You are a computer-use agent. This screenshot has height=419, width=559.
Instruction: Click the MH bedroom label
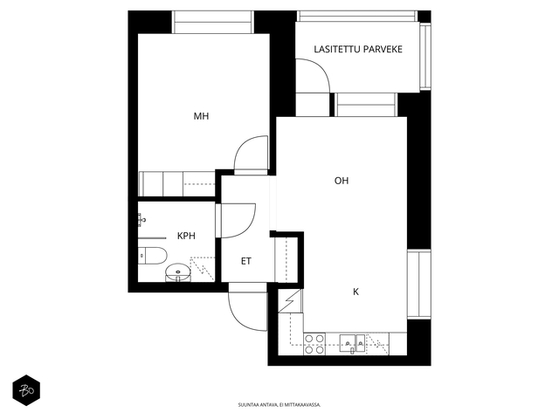(x=201, y=116)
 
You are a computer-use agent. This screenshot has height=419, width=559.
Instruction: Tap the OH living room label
(x=342, y=181)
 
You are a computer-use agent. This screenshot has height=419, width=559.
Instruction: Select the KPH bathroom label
(x=186, y=236)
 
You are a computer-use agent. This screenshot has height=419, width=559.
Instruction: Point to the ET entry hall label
(x=246, y=261)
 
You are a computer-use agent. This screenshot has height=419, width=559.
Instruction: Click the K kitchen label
(x=355, y=292)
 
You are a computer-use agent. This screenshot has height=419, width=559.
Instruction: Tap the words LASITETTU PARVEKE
(x=358, y=49)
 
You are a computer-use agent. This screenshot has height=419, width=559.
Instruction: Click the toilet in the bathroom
(x=153, y=256)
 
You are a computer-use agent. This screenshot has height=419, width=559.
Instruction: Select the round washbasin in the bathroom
(x=178, y=272)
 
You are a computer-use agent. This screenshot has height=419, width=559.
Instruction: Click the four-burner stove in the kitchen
(x=314, y=344)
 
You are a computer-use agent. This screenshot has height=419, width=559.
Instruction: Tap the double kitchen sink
(x=352, y=343)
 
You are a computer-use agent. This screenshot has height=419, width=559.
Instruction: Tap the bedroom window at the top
(x=213, y=22)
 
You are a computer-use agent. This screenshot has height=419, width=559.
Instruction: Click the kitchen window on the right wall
(x=419, y=285)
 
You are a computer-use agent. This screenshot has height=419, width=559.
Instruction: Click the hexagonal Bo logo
(x=26, y=390)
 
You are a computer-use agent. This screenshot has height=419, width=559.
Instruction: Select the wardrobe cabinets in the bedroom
(x=176, y=183)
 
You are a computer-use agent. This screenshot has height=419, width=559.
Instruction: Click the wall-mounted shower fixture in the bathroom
(x=141, y=220)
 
